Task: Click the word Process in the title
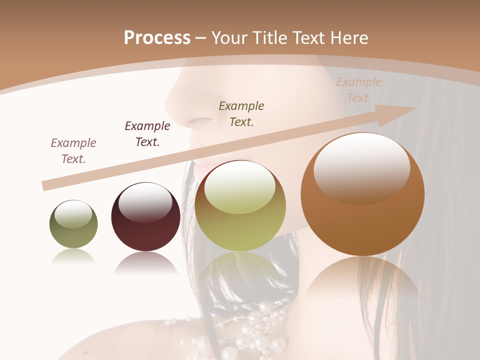[x=157, y=37]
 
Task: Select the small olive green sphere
[x=73, y=224]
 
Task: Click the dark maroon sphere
[x=145, y=217]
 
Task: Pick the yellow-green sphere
[x=240, y=206]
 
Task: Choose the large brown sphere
[x=362, y=194]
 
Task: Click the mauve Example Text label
[x=73, y=151]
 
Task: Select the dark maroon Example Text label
[x=147, y=134]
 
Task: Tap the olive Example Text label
[x=241, y=113]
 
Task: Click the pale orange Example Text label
[x=358, y=90]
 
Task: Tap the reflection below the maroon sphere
[x=145, y=262]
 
